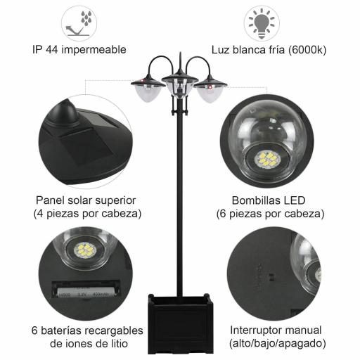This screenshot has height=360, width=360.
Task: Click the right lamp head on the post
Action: [210, 89]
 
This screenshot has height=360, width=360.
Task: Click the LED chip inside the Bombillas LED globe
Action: [267, 159]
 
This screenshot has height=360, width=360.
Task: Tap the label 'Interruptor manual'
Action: [276, 330]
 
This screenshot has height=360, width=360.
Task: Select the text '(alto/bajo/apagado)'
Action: [276, 343]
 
